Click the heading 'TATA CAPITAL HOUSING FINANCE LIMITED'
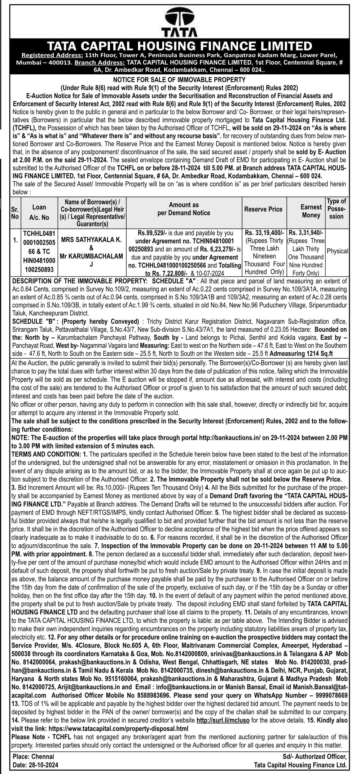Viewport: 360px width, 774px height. point(180,46)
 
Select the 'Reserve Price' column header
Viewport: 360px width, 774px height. point(263,209)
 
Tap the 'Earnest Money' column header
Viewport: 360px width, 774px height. point(311,211)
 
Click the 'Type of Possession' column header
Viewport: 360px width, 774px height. point(336,209)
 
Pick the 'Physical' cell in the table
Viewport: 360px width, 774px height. point(337,251)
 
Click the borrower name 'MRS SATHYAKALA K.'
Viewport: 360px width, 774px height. point(91,240)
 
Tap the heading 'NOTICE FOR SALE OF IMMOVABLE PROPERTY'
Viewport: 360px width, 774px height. point(179,79)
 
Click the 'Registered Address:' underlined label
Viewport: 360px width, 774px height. point(52,56)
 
